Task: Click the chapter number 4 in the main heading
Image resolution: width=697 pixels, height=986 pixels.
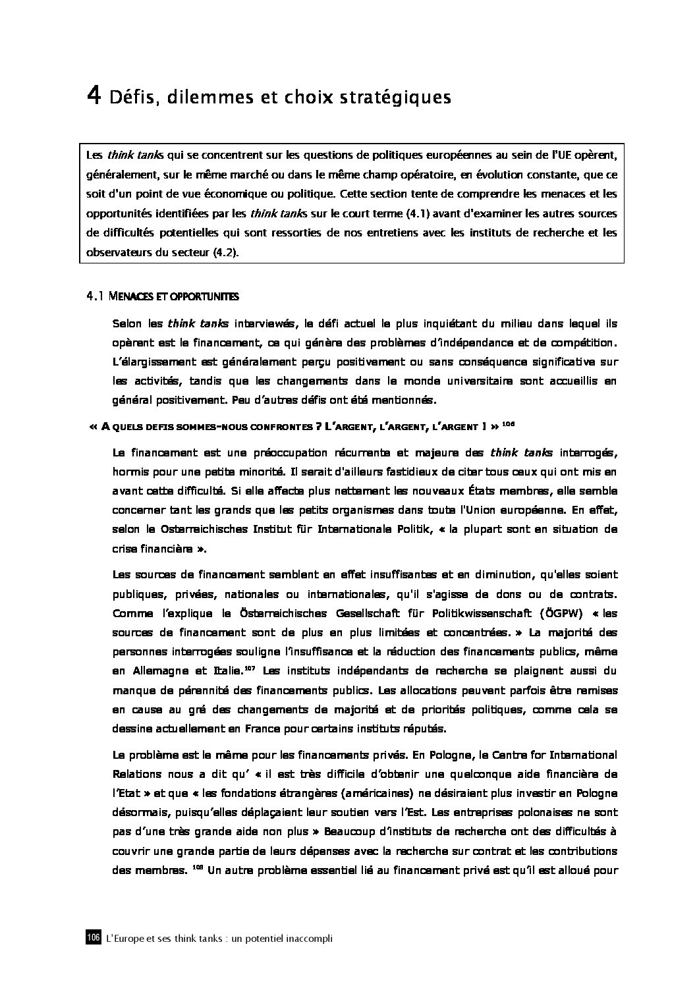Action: (94, 97)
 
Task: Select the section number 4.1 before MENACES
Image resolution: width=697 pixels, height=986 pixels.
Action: (96, 297)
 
